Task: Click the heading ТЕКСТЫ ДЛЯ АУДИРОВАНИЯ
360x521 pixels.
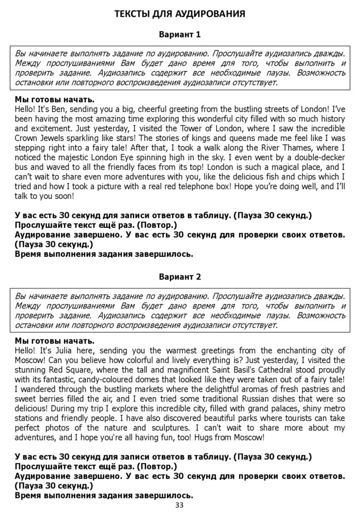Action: [x=179, y=14]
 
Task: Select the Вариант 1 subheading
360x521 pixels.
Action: [x=179, y=35]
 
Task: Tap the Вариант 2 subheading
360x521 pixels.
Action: [x=179, y=277]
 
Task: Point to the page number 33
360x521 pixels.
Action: [x=179, y=505]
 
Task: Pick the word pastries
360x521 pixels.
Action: [x=316, y=389]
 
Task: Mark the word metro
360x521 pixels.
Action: [x=335, y=409]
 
